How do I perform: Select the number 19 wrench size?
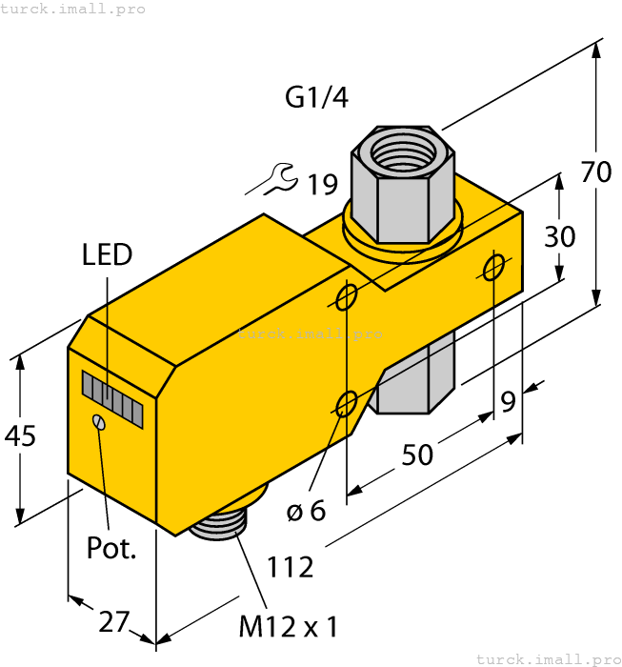coord(323,184)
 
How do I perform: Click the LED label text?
coord(107,254)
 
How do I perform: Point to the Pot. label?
coord(111,548)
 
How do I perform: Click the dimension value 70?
coord(596,172)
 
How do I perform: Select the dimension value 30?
coord(560,235)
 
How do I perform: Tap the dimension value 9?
coord(509,402)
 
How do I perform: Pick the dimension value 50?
coord(416,455)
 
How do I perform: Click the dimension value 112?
coord(291,567)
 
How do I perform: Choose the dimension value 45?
coord(20,436)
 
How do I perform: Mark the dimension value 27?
coord(113,621)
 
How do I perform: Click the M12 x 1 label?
coord(288,627)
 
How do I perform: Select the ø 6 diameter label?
coord(306,511)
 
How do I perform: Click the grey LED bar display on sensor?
coord(111,398)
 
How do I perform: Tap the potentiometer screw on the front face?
coord(98,422)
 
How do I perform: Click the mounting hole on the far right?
coord(493,269)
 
